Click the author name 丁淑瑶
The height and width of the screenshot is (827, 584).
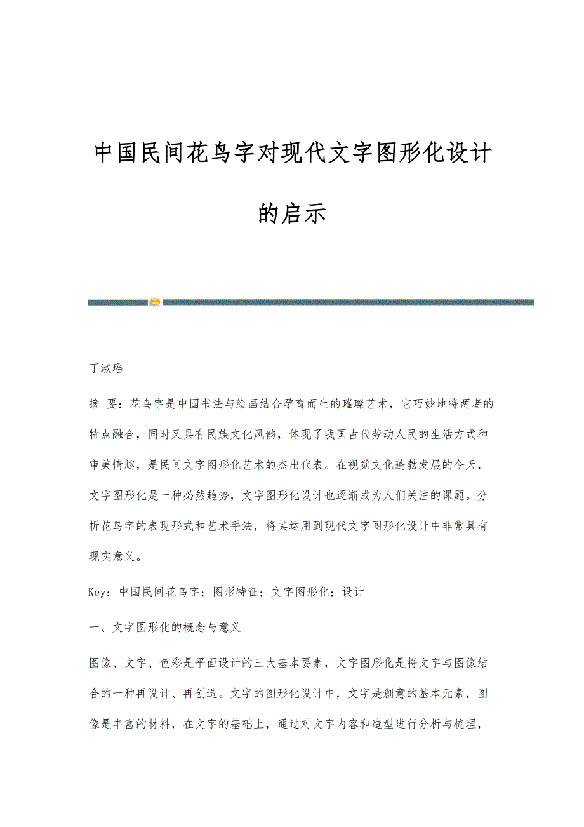[105, 368]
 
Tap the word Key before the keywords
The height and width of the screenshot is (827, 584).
[98, 592]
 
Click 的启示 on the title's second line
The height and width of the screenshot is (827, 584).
[292, 213]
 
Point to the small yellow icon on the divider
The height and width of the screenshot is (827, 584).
[155, 302]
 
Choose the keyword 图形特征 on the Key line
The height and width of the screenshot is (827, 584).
[236, 592]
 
